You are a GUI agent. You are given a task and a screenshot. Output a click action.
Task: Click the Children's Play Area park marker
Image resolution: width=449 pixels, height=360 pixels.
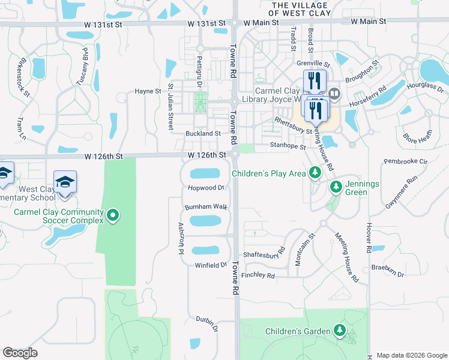tap(314, 174)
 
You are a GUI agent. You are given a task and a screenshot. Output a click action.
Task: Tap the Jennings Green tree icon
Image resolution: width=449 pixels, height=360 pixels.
tap(336, 188)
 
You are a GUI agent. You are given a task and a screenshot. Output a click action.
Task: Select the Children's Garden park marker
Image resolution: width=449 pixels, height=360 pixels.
tap(340, 331)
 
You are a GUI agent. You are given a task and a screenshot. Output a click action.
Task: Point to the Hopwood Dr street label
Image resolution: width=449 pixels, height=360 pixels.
tap(205, 188)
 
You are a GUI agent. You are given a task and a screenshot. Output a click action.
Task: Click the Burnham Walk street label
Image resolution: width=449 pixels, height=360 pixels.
tap(206, 207)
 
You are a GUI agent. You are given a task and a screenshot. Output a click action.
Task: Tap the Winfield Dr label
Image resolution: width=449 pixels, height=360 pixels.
tap(211, 265)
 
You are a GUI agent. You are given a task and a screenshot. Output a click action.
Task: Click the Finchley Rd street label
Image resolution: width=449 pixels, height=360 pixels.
tap(258, 276)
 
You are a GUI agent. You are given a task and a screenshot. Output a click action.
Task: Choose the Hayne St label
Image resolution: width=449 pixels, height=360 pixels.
tap(148, 91)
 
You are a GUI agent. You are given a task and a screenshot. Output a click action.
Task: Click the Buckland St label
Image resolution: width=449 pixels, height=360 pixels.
tap(203, 134)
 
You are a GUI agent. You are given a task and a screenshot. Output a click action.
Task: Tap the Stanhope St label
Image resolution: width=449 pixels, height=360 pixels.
tap(288, 146)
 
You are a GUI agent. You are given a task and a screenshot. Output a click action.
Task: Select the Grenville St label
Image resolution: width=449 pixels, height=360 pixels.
tap(313, 63)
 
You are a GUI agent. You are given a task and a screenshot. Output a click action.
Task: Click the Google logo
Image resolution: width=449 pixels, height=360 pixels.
tap(20, 353)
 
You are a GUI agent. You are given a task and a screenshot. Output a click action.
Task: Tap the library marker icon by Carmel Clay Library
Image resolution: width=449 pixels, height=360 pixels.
tap(334, 94)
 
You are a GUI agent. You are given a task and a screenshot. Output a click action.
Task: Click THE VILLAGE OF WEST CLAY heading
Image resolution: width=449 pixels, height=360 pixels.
tap(298, 8)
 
